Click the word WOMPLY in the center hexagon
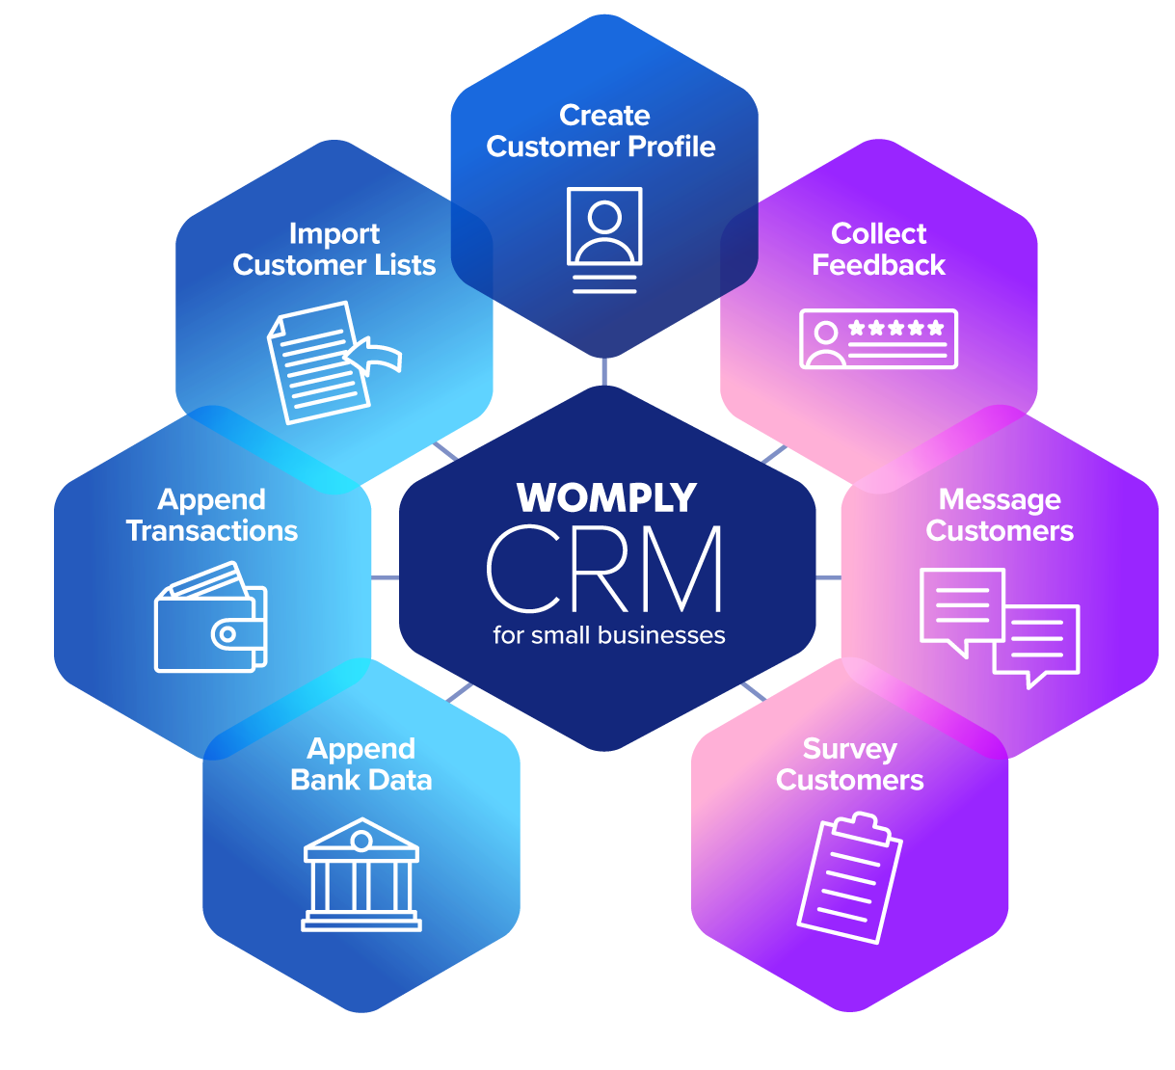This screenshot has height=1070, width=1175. (x=606, y=498)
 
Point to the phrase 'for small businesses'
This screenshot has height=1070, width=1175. (x=608, y=635)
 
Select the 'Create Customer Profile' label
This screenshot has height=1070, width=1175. (x=601, y=131)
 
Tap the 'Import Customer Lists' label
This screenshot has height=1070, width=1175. (x=334, y=250)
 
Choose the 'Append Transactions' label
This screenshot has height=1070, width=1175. (x=212, y=515)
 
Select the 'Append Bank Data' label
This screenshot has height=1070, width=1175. (x=361, y=764)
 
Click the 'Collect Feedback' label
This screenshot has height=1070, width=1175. (x=878, y=250)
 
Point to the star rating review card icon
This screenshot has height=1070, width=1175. (x=878, y=338)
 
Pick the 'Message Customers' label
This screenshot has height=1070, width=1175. (x=1000, y=515)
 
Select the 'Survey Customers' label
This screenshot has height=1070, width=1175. (x=849, y=764)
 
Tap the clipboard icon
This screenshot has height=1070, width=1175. (x=849, y=878)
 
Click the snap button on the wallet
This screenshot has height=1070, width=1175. (x=227, y=634)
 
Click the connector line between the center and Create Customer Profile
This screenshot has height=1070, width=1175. (x=604, y=371)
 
